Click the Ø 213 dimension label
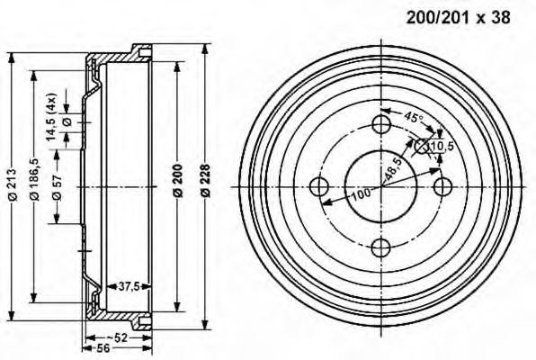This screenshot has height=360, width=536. (x=11, y=185)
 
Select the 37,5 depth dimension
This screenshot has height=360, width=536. (x=130, y=287)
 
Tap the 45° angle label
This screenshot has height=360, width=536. (x=412, y=118)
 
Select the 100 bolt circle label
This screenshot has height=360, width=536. (x=362, y=193)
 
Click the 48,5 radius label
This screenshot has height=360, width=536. (x=392, y=169)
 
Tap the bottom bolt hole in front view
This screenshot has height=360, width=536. (x=380, y=249)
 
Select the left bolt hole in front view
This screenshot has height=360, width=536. (x=317, y=186)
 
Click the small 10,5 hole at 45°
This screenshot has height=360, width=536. (x=423, y=145)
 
